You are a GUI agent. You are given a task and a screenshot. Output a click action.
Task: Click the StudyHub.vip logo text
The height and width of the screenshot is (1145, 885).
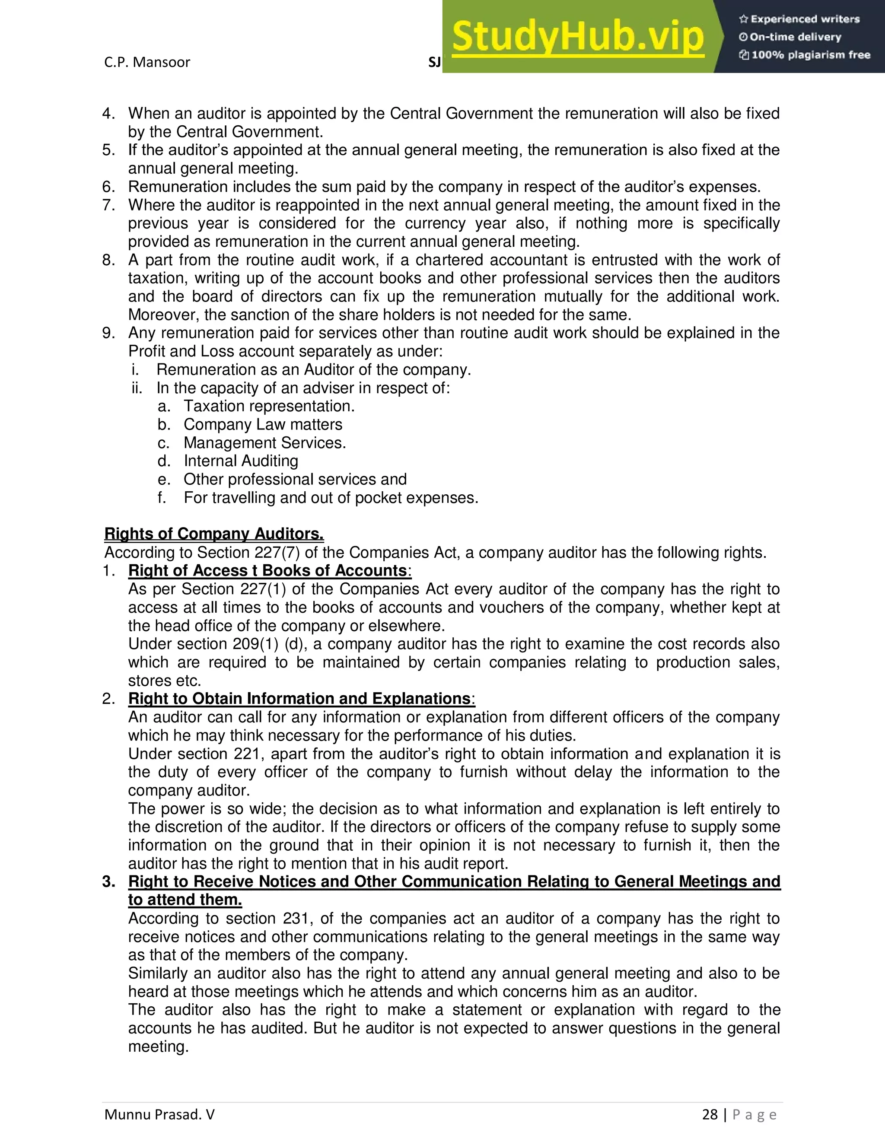click(x=577, y=37)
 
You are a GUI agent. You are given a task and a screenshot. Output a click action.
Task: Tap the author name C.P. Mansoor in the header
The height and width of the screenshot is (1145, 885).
click(x=147, y=62)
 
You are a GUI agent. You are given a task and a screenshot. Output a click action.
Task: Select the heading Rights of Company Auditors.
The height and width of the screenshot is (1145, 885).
click(x=214, y=534)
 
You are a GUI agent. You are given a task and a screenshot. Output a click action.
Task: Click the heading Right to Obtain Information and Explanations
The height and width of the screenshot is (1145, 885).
click(x=299, y=699)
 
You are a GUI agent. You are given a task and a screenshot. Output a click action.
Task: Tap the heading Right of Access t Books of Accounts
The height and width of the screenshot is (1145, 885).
click(x=267, y=570)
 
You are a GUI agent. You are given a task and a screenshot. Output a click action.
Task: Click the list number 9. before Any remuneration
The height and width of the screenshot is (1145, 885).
click(x=109, y=333)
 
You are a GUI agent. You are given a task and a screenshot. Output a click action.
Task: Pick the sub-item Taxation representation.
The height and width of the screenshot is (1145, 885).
click(x=269, y=406)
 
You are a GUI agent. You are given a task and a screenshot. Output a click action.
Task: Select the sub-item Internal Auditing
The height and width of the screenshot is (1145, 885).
click(x=241, y=461)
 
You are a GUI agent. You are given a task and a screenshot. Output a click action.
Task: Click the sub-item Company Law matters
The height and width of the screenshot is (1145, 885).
click(x=263, y=425)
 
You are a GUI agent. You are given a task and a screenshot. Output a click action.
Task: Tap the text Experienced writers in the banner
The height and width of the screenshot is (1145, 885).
click(x=805, y=19)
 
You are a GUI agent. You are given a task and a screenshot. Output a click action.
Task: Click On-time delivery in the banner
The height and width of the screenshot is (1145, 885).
click(x=796, y=37)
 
